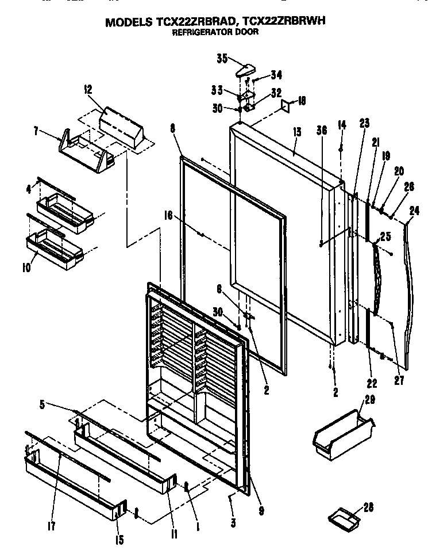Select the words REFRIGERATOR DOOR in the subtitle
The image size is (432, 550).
click(x=215, y=33)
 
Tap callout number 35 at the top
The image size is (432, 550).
click(x=222, y=58)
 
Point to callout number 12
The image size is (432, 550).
click(x=88, y=90)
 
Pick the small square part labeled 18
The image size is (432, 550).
click(x=286, y=105)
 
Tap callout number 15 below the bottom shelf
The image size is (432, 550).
click(x=119, y=540)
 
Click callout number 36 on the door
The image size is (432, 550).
click(x=321, y=131)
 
